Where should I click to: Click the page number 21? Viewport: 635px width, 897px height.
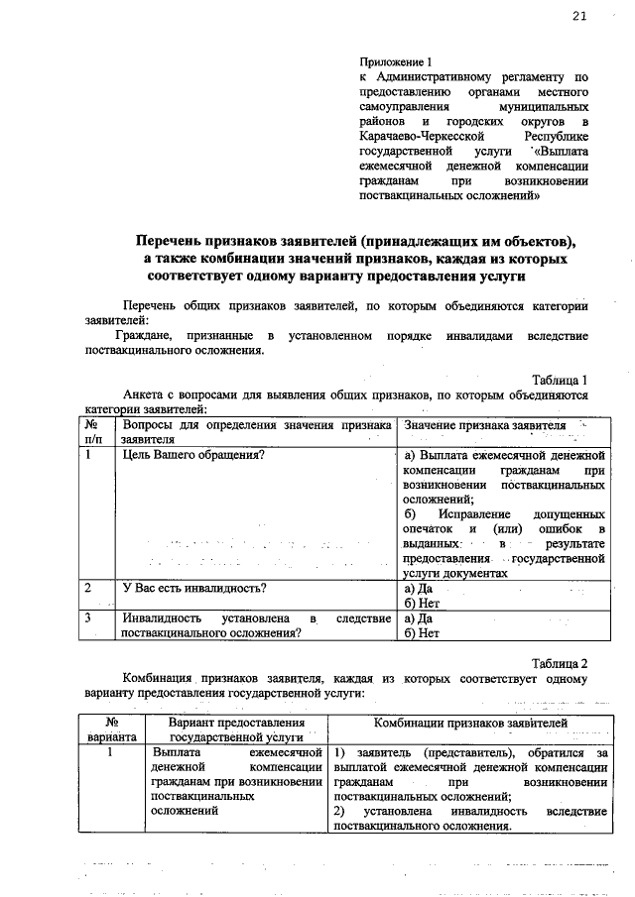tap(578, 17)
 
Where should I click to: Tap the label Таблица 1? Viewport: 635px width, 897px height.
tap(561, 379)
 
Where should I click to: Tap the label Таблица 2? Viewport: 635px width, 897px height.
tap(561, 662)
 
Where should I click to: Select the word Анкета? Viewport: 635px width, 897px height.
tap(142, 394)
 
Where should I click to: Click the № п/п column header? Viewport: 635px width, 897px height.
tap(95, 430)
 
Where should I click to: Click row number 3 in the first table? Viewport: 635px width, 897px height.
tap(89, 618)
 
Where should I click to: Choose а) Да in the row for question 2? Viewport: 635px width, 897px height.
tap(418, 588)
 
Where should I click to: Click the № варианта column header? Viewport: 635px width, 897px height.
tap(112, 729)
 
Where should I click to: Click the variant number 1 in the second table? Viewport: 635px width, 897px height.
tap(112, 753)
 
